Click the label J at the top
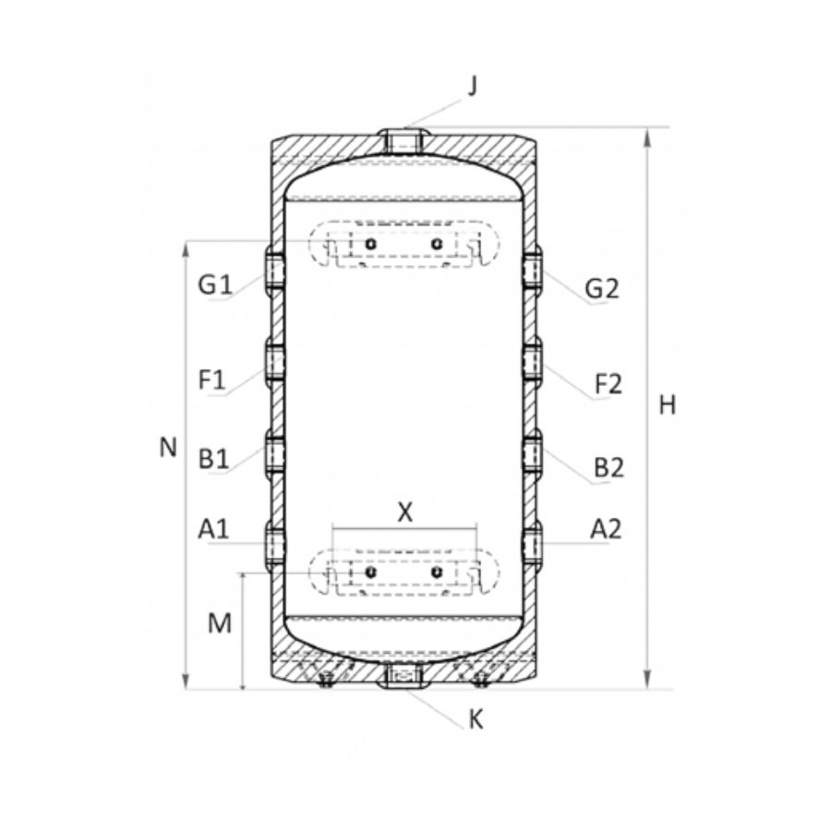click(x=473, y=86)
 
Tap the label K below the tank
click(x=476, y=719)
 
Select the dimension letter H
click(x=668, y=405)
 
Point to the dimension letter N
click(x=168, y=448)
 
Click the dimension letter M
click(x=220, y=623)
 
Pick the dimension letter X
click(x=404, y=512)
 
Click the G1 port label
click(x=214, y=285)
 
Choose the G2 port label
click(x=602, y=289)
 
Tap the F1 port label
click(x=212, y=380)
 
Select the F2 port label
click(x=608, y=384)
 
